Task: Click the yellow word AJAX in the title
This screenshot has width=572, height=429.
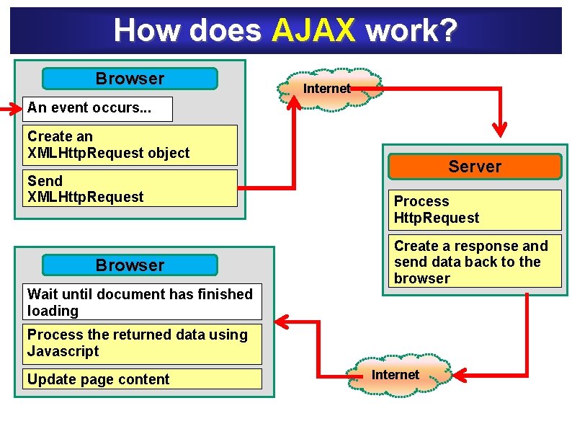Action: tap(314, 31)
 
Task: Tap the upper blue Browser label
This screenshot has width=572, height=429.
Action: tap(130, 79)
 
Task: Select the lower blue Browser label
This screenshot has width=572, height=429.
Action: tap(130, 265)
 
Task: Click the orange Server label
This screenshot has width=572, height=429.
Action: tap(474, 167)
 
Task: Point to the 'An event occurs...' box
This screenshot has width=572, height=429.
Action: tap(98, 108)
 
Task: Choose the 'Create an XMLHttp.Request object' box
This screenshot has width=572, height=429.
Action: tap(130, 145)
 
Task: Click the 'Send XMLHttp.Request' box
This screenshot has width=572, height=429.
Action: tap(130, 189)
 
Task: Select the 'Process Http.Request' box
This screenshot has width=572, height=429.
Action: tap(474, 210)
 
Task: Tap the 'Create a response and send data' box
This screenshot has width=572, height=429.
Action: tap(474, 262)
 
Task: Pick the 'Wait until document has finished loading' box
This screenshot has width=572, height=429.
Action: tap(140, 303)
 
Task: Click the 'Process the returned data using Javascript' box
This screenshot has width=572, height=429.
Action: tap(140, 343)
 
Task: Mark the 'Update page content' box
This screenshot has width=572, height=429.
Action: tap(140, 379)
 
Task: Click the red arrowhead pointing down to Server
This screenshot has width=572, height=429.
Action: tap(499, 129)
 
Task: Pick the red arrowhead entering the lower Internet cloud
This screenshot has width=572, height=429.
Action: tap(458, 375)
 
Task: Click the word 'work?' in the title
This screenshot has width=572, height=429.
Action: tap(411, 31)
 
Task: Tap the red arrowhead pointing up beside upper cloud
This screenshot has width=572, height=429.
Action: tap(294, 103)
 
